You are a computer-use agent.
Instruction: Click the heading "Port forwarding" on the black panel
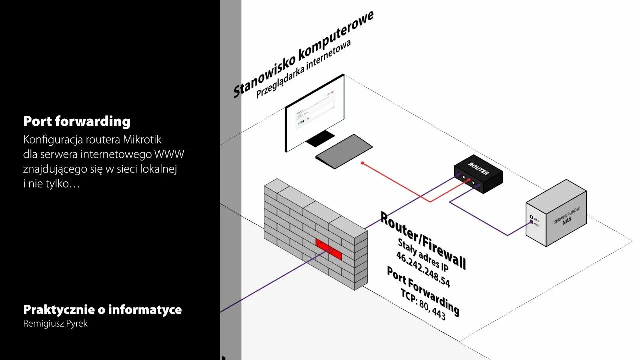[x=77, y=121]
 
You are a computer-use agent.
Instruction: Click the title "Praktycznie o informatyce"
[x=102, y=310]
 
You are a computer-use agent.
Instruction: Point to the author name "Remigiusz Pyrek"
[x=55, y=324]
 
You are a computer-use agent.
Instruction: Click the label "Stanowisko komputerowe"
[x=303, y=54]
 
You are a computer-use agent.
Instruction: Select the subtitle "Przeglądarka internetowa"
[x=303, y=69]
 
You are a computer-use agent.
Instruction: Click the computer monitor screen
[x=315, y=112]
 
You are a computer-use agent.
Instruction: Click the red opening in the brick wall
[x=329, y=248]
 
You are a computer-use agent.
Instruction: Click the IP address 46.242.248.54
[x=423, y=270]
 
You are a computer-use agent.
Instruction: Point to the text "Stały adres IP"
[x=419, y=254]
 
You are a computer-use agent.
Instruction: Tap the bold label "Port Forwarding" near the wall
[x=423, y=290]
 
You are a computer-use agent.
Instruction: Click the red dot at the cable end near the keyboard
[x=363, y=163]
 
